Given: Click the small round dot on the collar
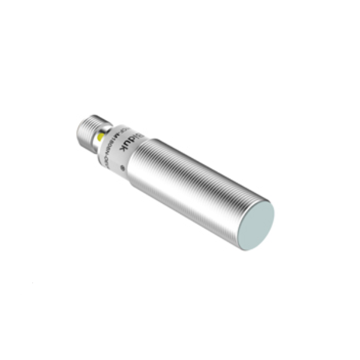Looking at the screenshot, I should [x=123, y=169].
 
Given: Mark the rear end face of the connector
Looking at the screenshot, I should [x=80, y=128].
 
